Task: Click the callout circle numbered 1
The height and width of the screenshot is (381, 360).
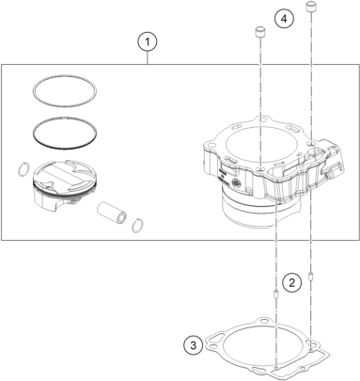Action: [148, 41]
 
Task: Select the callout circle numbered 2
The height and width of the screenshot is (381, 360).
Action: [291, 283]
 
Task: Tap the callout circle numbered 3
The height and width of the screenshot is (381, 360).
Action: [194, 345]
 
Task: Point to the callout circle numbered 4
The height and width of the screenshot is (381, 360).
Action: [284, 19]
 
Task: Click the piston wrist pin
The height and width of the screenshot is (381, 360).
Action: [112, 213]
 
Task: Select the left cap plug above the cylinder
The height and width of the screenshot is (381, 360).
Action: [259, 32]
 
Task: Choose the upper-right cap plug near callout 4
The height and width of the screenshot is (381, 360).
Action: [311, 8]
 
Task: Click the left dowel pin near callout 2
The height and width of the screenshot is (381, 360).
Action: [275, 295]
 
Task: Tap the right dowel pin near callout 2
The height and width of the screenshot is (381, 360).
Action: [311, 278]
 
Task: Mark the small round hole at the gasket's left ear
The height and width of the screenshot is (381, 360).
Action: [213, 347]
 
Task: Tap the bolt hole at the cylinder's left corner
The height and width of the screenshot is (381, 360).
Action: [211, 146]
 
